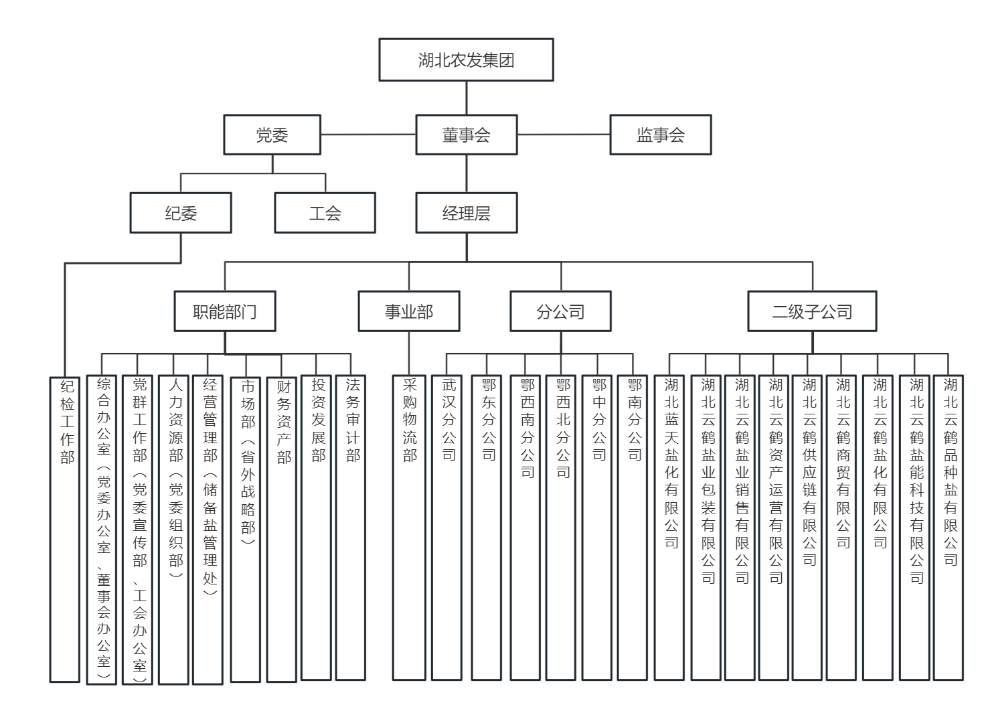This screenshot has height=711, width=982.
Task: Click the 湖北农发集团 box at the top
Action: pos(466,60)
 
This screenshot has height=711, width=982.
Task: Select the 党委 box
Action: pos(272,135)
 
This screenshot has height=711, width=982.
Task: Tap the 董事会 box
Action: pos(466,135)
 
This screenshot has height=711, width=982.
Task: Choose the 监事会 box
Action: pos(660,135)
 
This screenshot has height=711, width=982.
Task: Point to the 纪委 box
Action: pos(181,213)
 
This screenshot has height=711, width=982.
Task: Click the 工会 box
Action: pos(325,213)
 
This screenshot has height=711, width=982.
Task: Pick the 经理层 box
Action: pos(466,213)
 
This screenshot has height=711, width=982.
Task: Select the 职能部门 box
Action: pos(224,311)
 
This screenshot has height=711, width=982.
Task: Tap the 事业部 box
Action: pos(408,311)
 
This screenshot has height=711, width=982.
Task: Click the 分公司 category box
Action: pos(560,311)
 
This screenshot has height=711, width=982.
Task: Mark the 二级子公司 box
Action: pos(812,311)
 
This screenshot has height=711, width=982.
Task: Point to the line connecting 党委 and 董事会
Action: pos(368,135)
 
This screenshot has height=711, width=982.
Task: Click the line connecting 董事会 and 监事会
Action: pos(563,135)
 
